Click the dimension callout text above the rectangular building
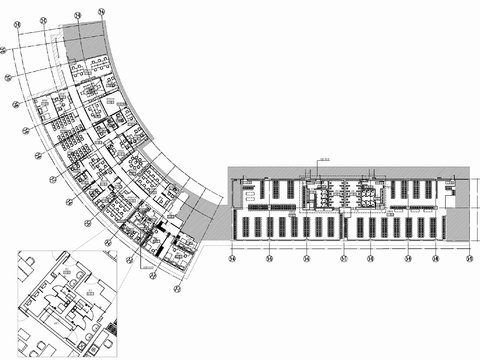[324, 159]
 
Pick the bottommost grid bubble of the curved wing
[177, 289]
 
